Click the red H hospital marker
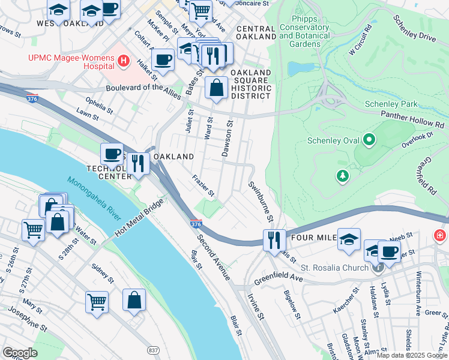click(124, 61)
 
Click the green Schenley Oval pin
click(369, 141)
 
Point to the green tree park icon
click(342, 176)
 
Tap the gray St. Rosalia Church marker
click(377, 268)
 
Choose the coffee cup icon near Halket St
click(163, 60)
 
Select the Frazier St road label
click(203, 186)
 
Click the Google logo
click(20, 353)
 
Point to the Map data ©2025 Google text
click(411, 355)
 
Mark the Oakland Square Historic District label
click(252, 84)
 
